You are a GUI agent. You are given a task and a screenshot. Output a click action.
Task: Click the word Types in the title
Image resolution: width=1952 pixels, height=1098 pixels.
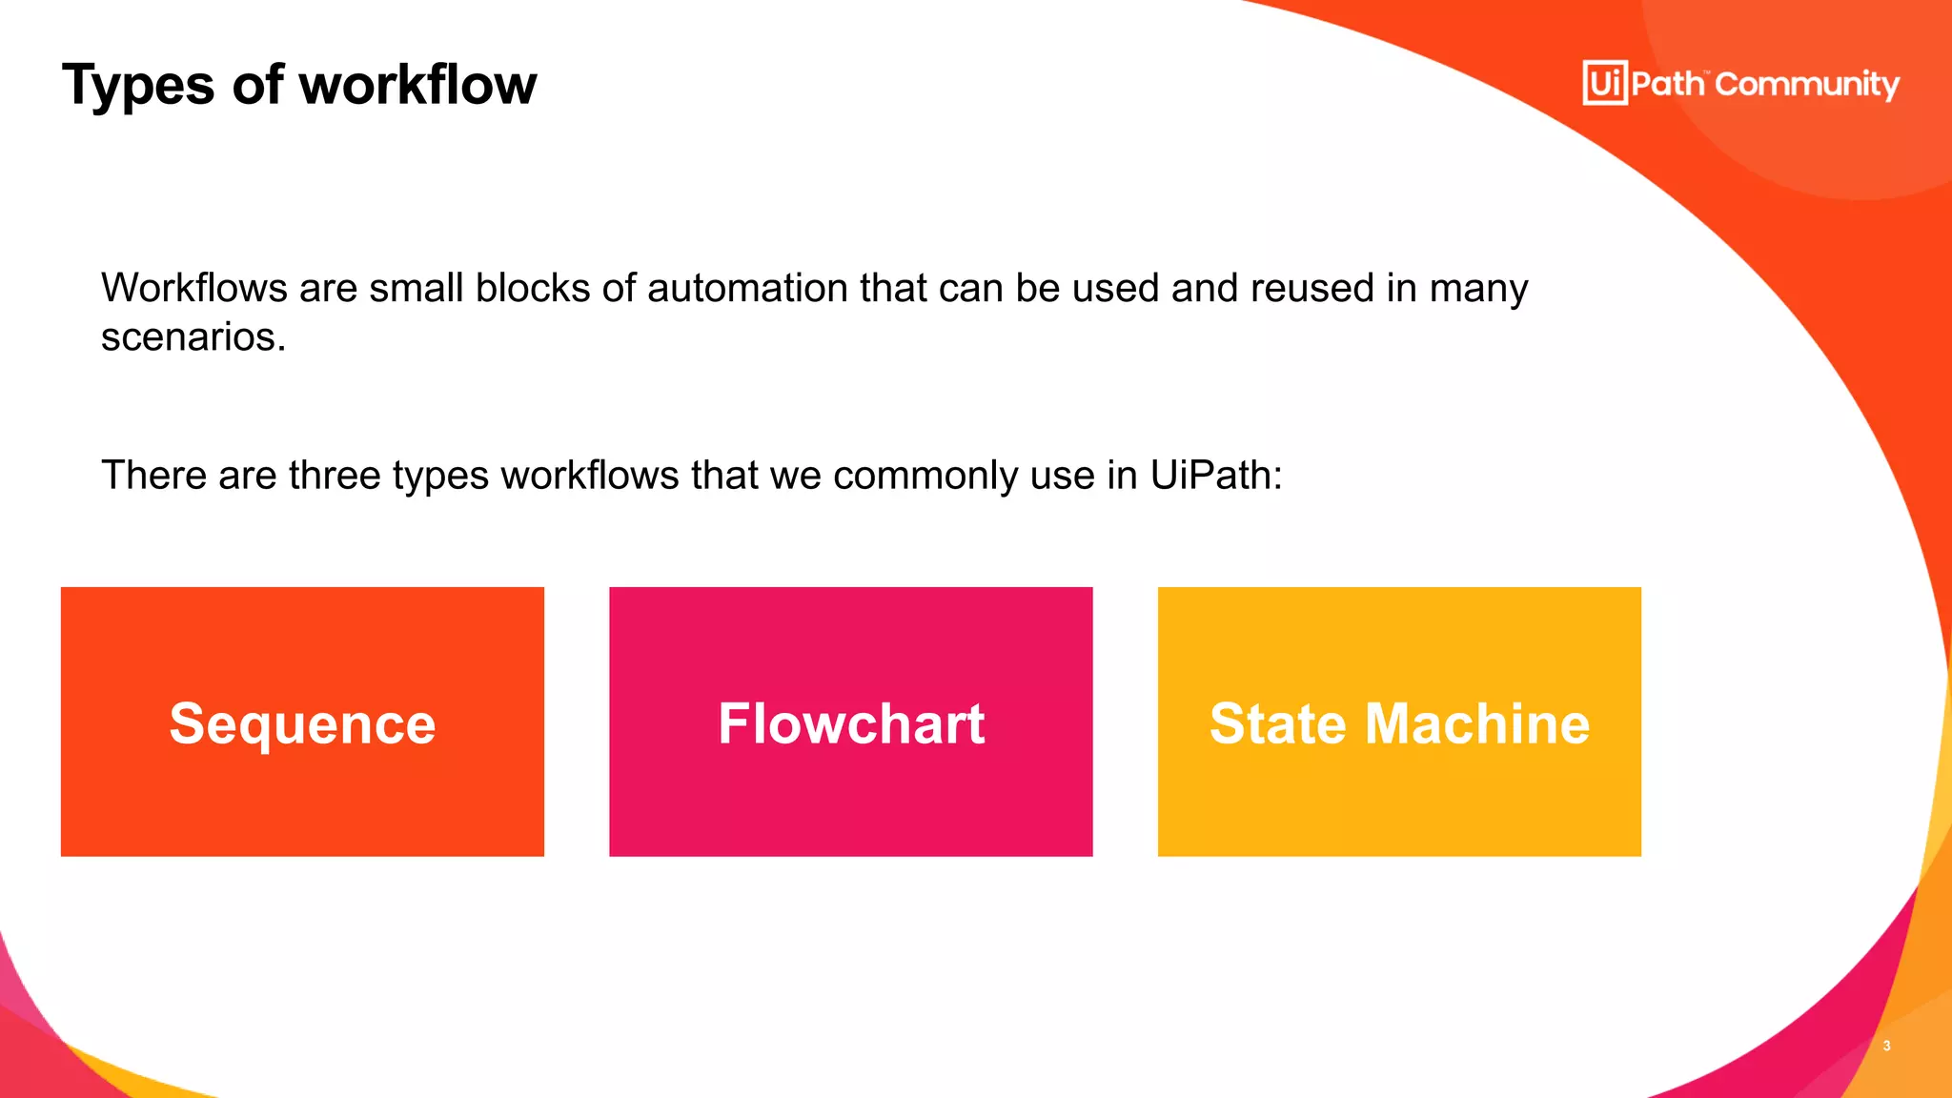pos(138,86)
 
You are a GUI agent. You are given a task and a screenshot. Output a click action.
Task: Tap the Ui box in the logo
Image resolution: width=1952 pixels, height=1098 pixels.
pos(1605,83)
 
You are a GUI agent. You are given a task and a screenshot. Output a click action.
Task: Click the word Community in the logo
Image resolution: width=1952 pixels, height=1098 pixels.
pos(1807,85)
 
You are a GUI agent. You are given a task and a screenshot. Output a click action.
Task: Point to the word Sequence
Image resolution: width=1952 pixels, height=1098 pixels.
pos(302,723)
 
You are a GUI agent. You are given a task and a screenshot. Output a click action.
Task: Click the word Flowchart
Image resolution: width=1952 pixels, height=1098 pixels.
pos(851,723)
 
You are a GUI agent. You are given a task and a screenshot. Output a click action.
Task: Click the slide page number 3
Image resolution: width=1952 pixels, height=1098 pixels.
pos(1886,1046)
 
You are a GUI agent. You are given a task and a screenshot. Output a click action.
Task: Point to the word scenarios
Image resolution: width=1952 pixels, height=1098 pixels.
pos(193,337)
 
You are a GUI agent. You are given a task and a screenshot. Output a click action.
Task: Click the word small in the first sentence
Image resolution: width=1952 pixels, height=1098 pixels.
pos(417,288)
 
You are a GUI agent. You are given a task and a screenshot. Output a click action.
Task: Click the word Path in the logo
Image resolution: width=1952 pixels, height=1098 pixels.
pos(1667,84)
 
